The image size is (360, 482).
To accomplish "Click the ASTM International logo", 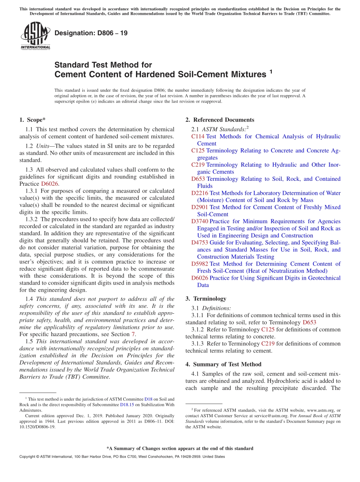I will tap(35, 36).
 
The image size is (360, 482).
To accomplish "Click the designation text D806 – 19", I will tap(91, 33).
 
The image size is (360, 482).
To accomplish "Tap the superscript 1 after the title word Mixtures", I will tap(271, 72).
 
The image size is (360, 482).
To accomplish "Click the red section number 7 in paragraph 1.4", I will tap(133, 334).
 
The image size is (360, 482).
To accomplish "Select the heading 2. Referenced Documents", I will tap(220, 120).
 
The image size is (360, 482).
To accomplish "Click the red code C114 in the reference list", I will tap(198, 136).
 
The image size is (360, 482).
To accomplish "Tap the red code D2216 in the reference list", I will tap(199, 193).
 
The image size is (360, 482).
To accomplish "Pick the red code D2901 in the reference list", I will tap(199, 207).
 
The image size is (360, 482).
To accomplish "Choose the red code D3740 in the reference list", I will tap(199, 221).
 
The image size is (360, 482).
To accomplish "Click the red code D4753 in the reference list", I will tap(199, 243).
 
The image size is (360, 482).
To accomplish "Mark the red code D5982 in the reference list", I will tap(199, 264).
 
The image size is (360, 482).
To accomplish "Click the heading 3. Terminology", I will tap(206, 299).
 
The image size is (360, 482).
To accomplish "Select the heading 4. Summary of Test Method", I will tap(223, 364).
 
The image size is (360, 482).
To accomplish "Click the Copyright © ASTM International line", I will tap(122, 457).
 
